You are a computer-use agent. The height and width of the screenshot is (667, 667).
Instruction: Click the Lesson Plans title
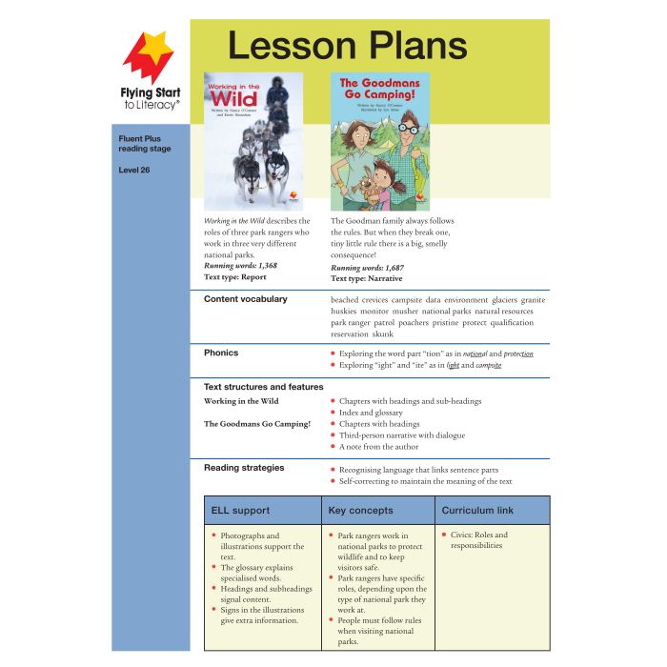[x=347, y=45]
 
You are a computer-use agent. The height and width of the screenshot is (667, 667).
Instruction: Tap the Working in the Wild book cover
[x=253, y=141]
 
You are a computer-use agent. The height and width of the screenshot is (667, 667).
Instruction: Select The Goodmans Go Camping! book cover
[x=379, y=141]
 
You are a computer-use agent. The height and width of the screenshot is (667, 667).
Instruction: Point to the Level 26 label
[x=134, y=171]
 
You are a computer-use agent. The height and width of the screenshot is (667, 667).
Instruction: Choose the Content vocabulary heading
[x=245, y=299]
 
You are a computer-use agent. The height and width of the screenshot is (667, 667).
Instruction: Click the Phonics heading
[x=221, y=353]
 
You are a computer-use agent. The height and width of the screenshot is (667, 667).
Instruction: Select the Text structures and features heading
[x=263, y=387]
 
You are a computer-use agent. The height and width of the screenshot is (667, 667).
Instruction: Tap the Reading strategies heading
[x=244, y=468]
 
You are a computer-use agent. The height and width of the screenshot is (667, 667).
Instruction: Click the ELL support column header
[x=239, y=511]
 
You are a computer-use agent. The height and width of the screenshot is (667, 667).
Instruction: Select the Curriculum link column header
[x=477, y=511]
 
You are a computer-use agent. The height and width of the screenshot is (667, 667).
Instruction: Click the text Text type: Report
[x=234, y=277]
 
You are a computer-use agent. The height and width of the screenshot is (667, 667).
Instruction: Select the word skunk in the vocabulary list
[x=376, y=334]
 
